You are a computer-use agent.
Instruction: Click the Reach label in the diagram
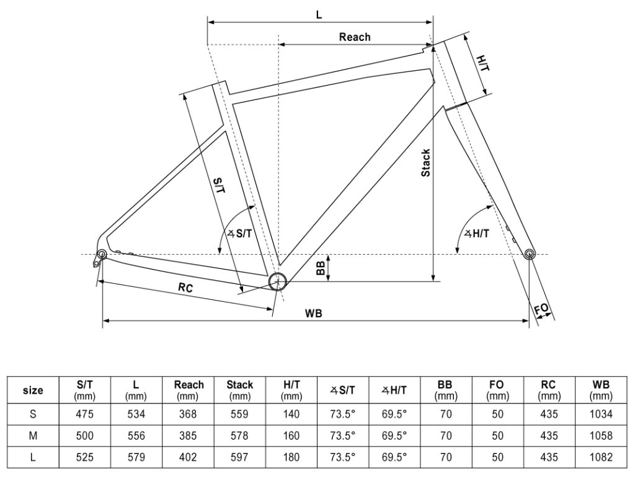[x=355, y=37]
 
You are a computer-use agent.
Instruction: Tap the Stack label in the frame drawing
[x=425, y=163]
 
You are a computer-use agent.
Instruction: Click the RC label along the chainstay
[x=185, y=288]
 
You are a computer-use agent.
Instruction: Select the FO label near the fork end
[x=541, y=309]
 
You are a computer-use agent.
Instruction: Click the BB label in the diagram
[x=321, y=267]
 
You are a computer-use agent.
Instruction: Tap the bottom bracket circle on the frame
[x=277, y=282]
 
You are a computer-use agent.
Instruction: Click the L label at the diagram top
[x=319, y=14]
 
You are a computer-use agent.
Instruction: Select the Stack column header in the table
[x=239, y=389]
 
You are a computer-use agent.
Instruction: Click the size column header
[x=33, y=391]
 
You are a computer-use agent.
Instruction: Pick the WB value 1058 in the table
[x=601, y=435]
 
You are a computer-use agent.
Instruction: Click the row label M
[x=33, y=435]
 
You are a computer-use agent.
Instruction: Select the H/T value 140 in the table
[x=291, y=414]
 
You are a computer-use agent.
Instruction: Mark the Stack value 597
[x=239, y=458]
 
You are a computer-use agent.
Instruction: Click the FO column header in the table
[x=497, y=389]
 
